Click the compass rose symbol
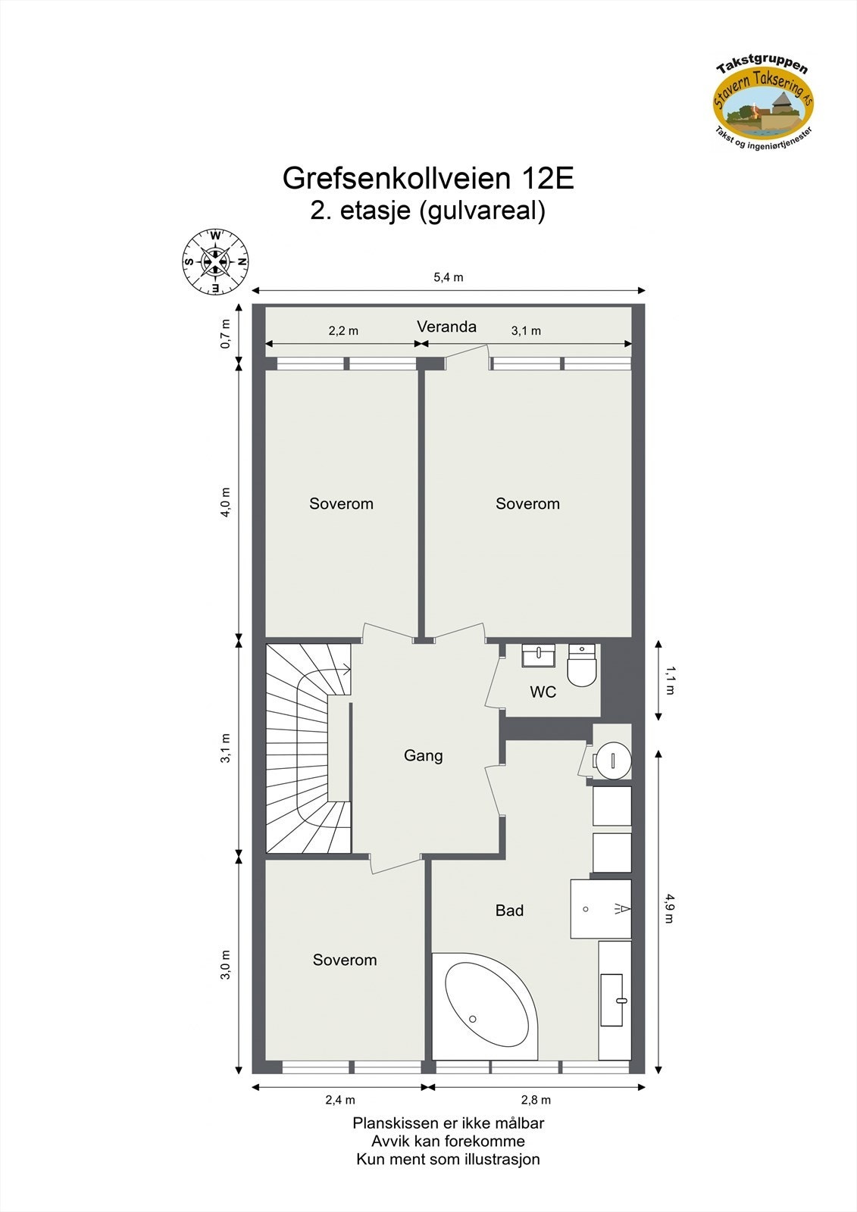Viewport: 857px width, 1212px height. [215, 262]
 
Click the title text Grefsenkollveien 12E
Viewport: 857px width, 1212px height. [428, 179]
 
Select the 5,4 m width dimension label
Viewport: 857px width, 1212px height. [448, 277]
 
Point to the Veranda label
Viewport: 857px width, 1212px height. [446, 326]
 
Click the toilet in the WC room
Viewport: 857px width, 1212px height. [582, 666]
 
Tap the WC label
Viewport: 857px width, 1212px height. [543, 692]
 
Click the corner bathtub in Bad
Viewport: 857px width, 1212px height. [485, 1004]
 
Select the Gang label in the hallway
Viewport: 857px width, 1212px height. [423, 755]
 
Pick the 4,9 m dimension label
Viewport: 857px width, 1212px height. [669, 908]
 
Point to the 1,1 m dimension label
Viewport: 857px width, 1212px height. [669, 680]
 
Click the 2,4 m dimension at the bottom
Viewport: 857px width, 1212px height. [340, 1100]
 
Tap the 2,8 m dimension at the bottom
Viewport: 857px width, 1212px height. [536, 1100]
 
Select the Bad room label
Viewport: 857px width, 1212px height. [509, 911]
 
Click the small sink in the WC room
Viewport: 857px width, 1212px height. [538, 655]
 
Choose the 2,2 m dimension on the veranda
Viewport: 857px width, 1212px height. [343, 331]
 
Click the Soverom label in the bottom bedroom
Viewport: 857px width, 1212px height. [345, 960]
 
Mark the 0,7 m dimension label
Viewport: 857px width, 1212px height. [226, 334]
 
